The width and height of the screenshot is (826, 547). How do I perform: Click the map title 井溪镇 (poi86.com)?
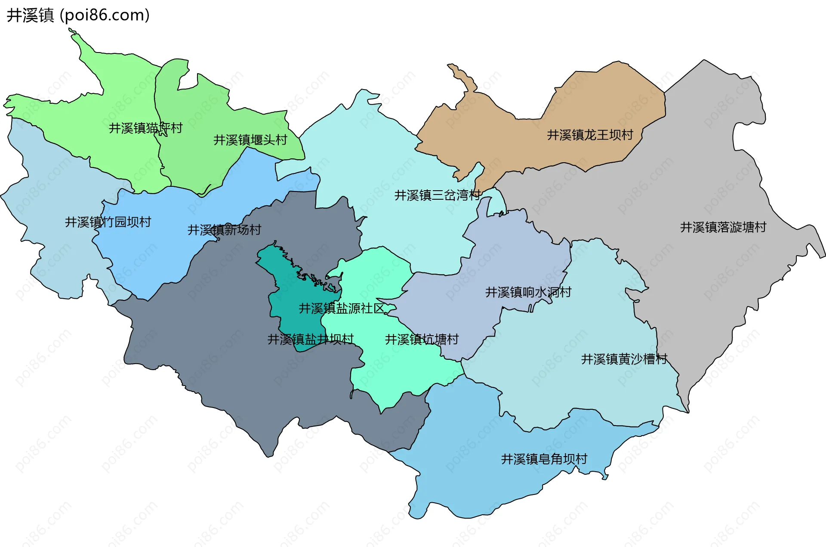(x=78, y=15)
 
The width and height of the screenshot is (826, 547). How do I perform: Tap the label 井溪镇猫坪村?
(x=145, y=128)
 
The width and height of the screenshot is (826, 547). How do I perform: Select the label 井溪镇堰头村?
(x=250, y=140)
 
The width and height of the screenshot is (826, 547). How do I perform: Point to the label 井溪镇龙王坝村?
(x=590, y=135)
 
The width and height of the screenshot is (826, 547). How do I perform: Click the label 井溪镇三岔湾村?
(x=438, y=195)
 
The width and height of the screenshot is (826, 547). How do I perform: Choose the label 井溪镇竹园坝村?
(x=108, y=222)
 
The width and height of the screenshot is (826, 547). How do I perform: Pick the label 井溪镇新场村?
(x=224, y=230)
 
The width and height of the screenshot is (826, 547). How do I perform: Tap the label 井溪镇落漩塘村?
(x=723, y=227)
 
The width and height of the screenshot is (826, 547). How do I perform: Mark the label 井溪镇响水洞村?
(x=528, y=292)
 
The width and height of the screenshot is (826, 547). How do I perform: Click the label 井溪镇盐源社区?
(x=342, y=308)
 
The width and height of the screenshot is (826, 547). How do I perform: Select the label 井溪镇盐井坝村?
(x=311, y=339)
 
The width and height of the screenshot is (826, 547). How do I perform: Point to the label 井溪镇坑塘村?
(x=422, y=339)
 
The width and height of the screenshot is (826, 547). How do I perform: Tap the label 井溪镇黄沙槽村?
(x=624, y=359)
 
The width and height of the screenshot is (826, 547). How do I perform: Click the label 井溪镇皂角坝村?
(x=544, y=459)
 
